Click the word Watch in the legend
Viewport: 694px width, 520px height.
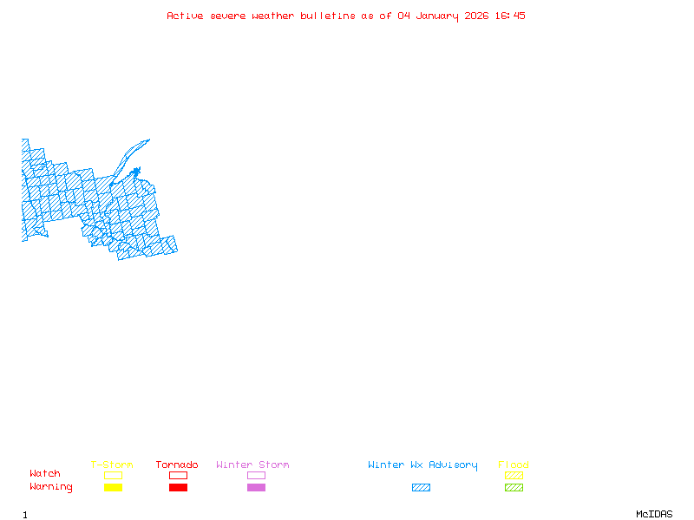(x=45, y=474)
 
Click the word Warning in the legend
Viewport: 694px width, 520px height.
(x=51, y=487)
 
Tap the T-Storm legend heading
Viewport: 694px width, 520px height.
(x=112, y=465)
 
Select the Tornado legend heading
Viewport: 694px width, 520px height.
(x=177, y=465)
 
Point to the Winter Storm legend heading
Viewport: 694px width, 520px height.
(x=252, y=465)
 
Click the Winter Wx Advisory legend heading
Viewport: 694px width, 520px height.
(x=422, y=465)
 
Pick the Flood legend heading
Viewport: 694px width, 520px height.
(x=514, y=465)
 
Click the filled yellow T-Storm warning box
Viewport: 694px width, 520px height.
(x=113, y=488)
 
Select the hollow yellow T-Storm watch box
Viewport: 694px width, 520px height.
(x=113, y=475)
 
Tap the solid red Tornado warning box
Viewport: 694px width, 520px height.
(x=178, y=488)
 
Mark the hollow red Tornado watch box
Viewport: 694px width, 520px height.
(x=178, y=475)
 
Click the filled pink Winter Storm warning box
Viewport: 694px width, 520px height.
(x=256, y=488)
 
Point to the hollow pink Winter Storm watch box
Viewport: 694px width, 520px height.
(x=256, y=475)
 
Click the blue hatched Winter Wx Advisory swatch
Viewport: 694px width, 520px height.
(x=421, y=488)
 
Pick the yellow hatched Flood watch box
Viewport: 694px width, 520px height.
(x=514, y=475)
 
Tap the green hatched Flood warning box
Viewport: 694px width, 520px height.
(x=514, y=488)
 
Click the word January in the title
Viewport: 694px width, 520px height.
(x=437, y=16)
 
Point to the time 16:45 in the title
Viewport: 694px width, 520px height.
(x=510, y=16)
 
